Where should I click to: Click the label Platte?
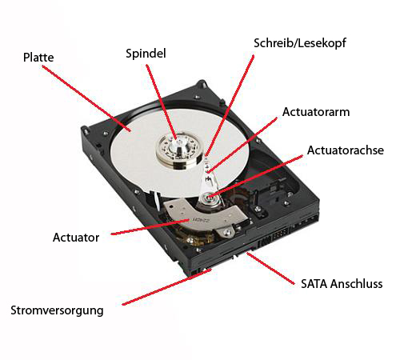pyautogui.click(x=38, y=58)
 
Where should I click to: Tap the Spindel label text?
pyautogui.click(x=146, y=54)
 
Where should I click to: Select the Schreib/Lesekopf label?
pyautogui.click(x=300, y=43)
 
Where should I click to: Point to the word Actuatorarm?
pyautogui.click(x=316, y=112)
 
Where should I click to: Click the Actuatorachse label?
pyautogui.click(x=346, y=150)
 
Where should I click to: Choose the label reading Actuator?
pyautogui.click(x=76, y=238)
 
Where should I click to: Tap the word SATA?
pyautogui.click(x=314, y=284)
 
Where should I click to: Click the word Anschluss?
pyautogui.click(x=357, y=284)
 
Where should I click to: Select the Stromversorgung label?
pyautogui.click(x=57, y=311)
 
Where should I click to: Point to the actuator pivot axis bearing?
pyautogui.click(x=210, y=198)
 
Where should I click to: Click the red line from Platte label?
pyautogui.click(x=86, y=98)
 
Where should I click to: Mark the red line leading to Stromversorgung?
pyautogui.click(x=166, y=287)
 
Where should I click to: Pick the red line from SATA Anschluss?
pyautogui.click(x=270, y=269)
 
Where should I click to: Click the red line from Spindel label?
pyautogui.click(x=162, y=102)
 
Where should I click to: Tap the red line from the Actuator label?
pyautogui.click(x=150, y=227)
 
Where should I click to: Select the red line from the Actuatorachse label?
pyautogui.click(x=256, y=177)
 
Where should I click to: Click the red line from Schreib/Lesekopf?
pyautogui.click(x=230, y=106)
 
